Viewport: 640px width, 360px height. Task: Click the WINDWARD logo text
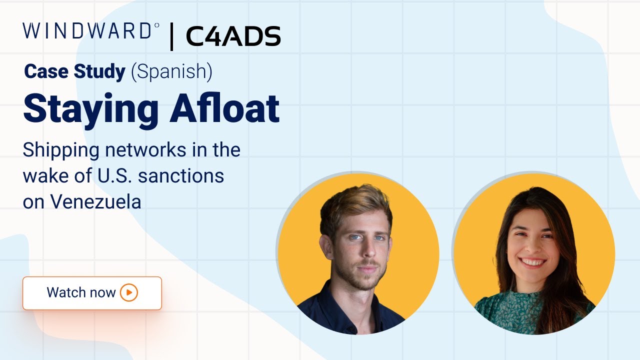click(x=87, y=31)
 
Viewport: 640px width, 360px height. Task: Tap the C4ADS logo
click(x=233, y=36)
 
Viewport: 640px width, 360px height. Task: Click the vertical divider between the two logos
click(x=172, y=36)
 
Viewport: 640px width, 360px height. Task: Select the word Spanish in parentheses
click(x=171, y=72)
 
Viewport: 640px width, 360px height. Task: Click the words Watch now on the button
click(x=81, y=292)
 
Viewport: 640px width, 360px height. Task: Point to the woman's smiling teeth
click(x=533, y=262)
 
